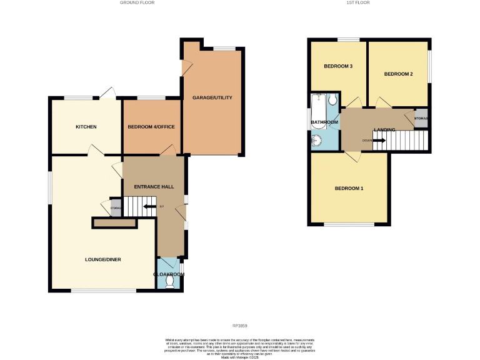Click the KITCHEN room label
pos(86,127)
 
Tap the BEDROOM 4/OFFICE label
pos(151,127)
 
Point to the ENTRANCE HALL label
pos(154,186)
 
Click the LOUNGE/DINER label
pos(103,259)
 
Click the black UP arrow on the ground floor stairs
pos(149,206)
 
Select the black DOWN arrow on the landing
pos(379,140)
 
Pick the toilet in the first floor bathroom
pos(332,100)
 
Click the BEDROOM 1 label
pos(349,189)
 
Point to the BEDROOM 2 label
pos(398,74)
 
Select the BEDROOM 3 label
pos(338,67)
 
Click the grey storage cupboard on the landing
pos(421,119)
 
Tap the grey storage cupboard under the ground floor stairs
pos(116,209)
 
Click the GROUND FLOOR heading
pos(137,3)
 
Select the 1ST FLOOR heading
pos(358,3)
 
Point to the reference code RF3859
pos(240,326)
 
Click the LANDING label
pos(384,129)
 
